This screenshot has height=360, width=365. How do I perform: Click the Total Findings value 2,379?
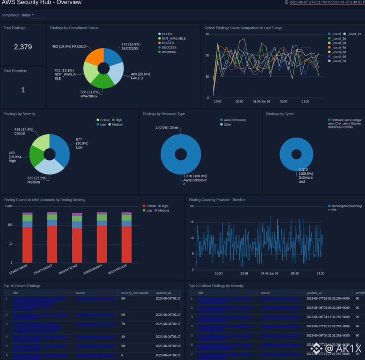(23, 47)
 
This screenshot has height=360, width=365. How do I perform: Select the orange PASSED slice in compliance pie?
(94, 57)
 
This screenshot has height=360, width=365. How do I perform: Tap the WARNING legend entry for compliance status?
(169, 52)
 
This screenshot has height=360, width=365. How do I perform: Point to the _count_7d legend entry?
(339, 61)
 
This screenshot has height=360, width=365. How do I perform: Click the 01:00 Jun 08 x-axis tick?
(261, 101)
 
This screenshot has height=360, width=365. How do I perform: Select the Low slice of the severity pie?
(60, 148)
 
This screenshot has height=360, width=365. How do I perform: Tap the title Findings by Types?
(280, 114)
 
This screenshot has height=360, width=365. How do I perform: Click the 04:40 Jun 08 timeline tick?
(268, 274)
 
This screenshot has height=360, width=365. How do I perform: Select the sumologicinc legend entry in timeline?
(346, 208)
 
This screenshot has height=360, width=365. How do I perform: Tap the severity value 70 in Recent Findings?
(123, 324)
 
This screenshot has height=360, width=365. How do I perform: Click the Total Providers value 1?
(23, 90)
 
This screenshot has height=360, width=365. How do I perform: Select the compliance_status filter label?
(16, 15)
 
